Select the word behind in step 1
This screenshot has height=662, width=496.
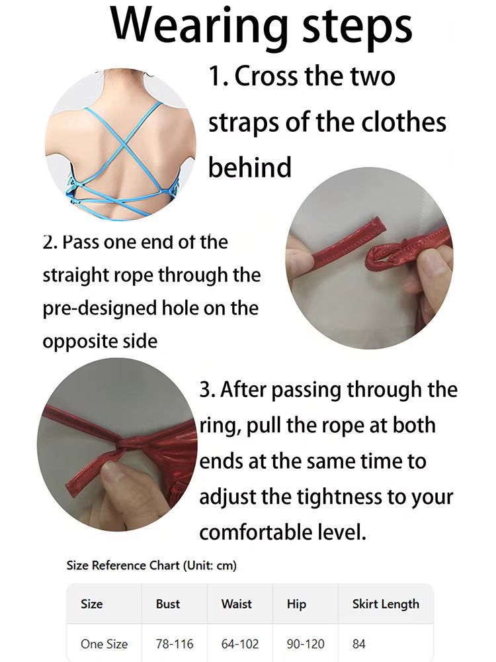pyautogui.click(x=250, y=167)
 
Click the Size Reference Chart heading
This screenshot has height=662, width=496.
pyautogui.click(x=151, y=565)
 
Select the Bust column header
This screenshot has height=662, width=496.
pyautogui.click(x=168, y=604)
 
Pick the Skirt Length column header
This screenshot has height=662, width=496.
pyautogui.click(x=386, y=604)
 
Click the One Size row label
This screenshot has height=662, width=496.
pyautogui.click(x=104, y=644)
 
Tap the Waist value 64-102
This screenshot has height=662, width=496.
pyautogui.click(x=240, y=644)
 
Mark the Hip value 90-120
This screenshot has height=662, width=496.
pyautogui.click(x=306, y=644)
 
